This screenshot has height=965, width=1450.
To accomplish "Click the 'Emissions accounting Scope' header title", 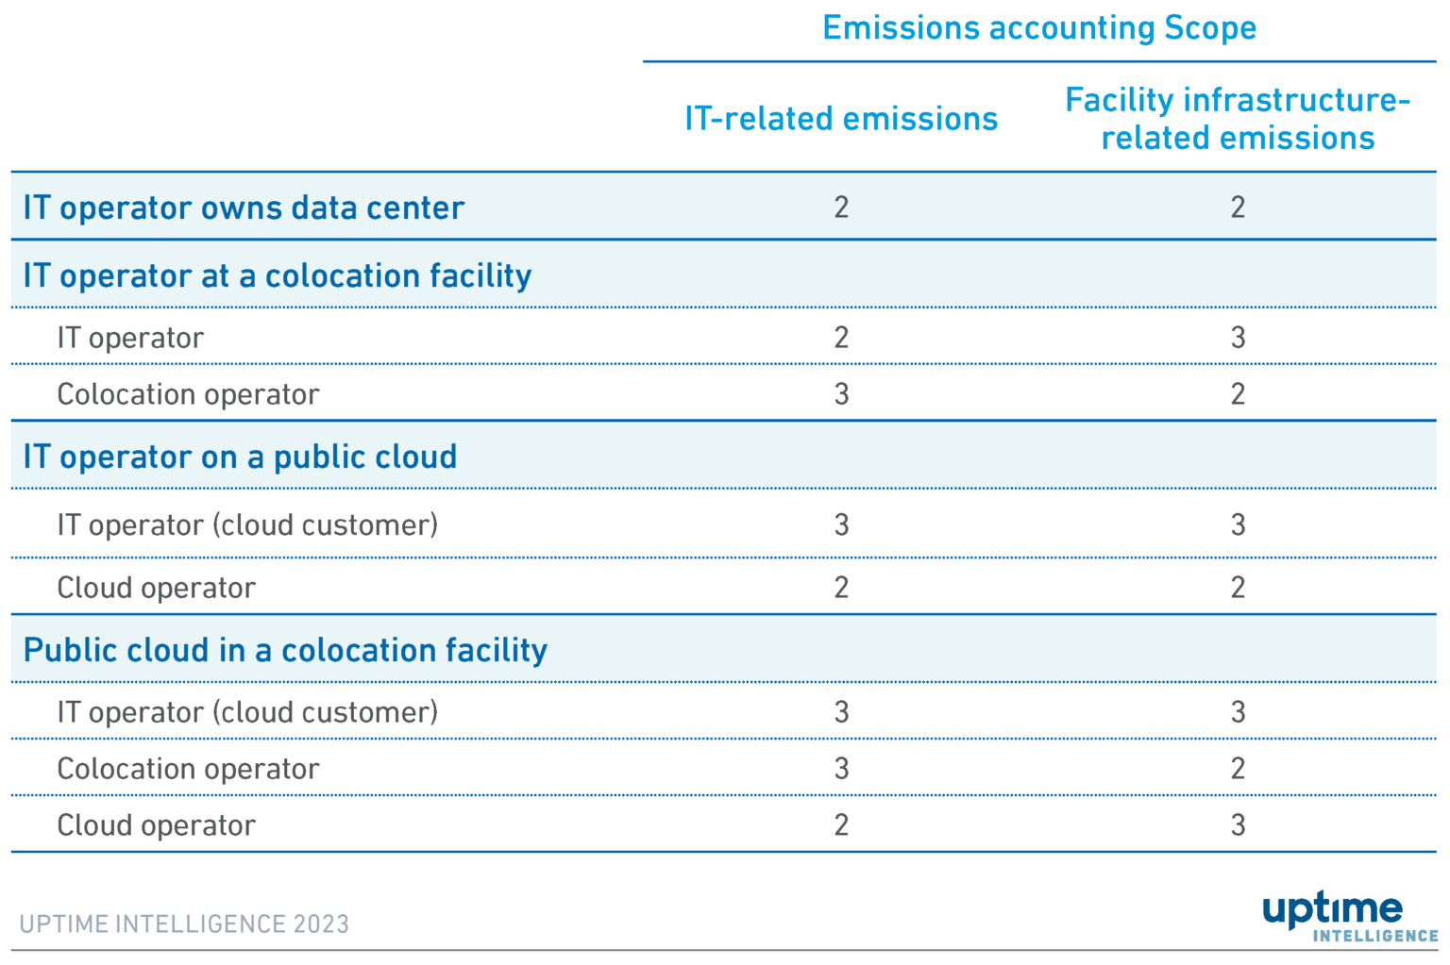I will [x=1039, y=28].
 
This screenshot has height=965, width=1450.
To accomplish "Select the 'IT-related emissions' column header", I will [x=841, y=119].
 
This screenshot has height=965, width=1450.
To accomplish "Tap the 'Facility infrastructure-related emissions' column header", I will [x=1238, y=119].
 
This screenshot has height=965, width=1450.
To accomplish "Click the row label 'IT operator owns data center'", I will [x=244, y=208].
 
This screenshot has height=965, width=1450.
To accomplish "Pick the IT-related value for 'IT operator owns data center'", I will [x=841, y=208].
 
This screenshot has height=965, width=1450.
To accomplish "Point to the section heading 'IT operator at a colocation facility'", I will [x=278, y=275].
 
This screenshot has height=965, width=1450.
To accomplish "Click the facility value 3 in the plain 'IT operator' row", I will [x=1238, y=338].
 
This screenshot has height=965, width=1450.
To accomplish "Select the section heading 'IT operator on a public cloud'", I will [x=240, y=457].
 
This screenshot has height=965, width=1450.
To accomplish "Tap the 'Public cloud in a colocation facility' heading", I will [x=285, y=650].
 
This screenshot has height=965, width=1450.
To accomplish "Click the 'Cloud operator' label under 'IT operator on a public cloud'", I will [x=156, y=588].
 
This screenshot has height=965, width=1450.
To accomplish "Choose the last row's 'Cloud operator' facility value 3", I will [x=1238, y=825].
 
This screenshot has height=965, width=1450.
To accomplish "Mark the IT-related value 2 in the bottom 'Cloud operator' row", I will [x=841, y=825].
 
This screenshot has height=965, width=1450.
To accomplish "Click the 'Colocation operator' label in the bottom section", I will [x=188, y=769].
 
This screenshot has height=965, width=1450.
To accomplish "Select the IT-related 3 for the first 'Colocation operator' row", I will [x=841, y=394].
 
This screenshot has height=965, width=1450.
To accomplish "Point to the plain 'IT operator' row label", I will [x=130, y=338].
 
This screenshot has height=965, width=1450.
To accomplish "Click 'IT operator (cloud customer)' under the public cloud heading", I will [x=247, y=524].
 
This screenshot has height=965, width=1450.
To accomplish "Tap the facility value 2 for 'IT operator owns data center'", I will [x=1238, y=208].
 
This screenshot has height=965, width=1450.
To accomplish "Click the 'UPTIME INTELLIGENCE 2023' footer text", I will [x=184, y=923].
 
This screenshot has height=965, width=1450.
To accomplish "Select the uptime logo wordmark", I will [x=1332, y=909].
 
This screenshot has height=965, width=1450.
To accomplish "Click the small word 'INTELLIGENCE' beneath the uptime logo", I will [x=1374, y=936].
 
